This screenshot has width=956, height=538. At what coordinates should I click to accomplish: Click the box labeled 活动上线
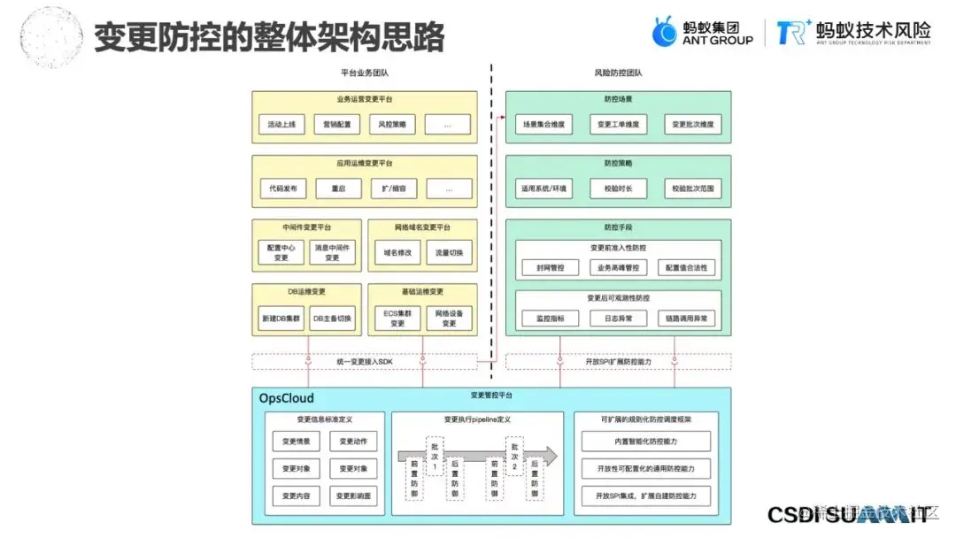(281, 125)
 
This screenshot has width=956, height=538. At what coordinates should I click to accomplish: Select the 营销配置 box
(337, 125)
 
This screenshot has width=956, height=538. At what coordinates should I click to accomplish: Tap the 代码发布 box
(283, 188)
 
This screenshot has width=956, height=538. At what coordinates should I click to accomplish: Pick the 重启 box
(338, 188)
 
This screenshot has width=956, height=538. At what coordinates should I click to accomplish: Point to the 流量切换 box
(449, 252)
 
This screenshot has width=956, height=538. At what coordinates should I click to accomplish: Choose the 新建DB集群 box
(281, 318)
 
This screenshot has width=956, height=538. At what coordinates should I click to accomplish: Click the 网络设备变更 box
(449, 318)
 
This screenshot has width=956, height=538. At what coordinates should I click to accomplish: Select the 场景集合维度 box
(544, 125)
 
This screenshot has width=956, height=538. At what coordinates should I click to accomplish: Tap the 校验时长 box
(618, 188)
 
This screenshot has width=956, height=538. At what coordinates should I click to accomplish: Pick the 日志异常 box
(618, 318)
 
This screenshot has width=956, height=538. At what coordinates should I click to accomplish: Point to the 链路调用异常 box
(687, 318)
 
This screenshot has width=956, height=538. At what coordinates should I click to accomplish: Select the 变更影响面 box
(354, 496)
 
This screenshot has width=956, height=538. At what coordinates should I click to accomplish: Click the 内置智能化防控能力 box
(646, 441)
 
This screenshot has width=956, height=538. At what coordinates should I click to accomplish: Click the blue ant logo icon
(665, 33)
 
